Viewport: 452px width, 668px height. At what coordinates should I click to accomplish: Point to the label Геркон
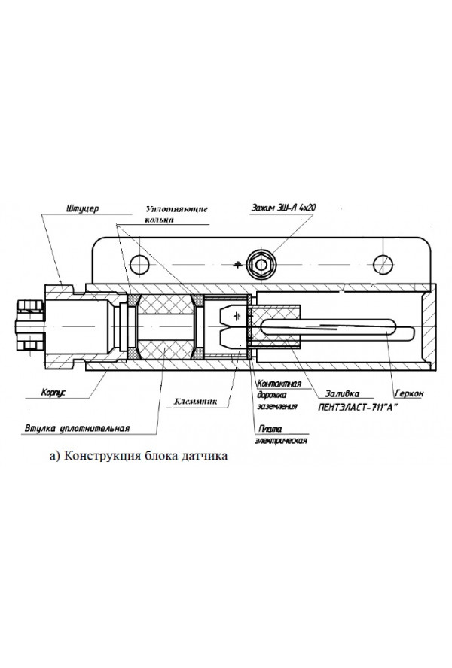pyautogui.click(x=409, y=393)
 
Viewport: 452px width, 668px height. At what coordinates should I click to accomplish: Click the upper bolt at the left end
pyautogui.click(x=28, y=307)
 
